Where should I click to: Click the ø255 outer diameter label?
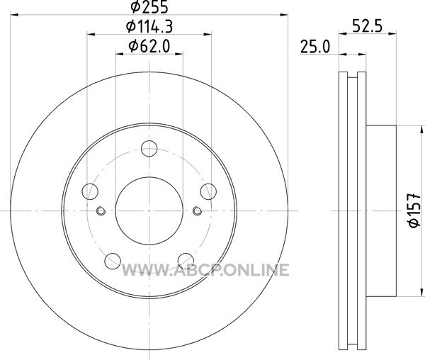click(149, 6)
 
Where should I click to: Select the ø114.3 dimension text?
click(149, 26)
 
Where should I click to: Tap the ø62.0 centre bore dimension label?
click(149, 46)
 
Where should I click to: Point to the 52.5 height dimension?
click(367, 26)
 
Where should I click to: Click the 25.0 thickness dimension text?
click(315, 47)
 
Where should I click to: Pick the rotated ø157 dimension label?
click(414, 210)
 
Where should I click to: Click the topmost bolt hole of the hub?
click(149, 149)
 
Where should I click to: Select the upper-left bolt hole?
click(90, 191)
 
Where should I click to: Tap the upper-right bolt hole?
click(208, 191)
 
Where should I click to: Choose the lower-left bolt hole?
click(113, 261)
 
